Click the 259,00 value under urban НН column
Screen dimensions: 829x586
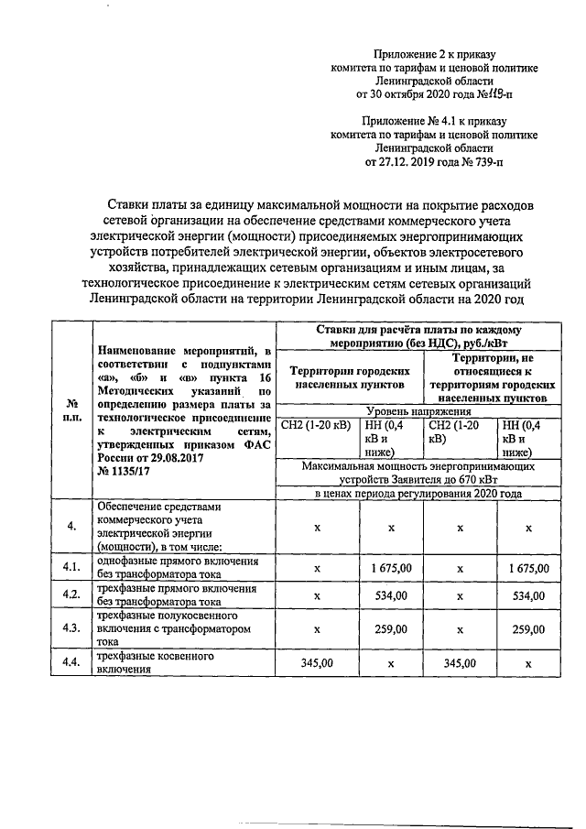click(x=391, y=629)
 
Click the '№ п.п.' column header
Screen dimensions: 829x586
click(x=71, y=409)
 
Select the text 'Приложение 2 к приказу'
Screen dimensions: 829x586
click(x=435, y=55)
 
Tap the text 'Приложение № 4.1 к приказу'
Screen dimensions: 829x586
click(x=434, y=120)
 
